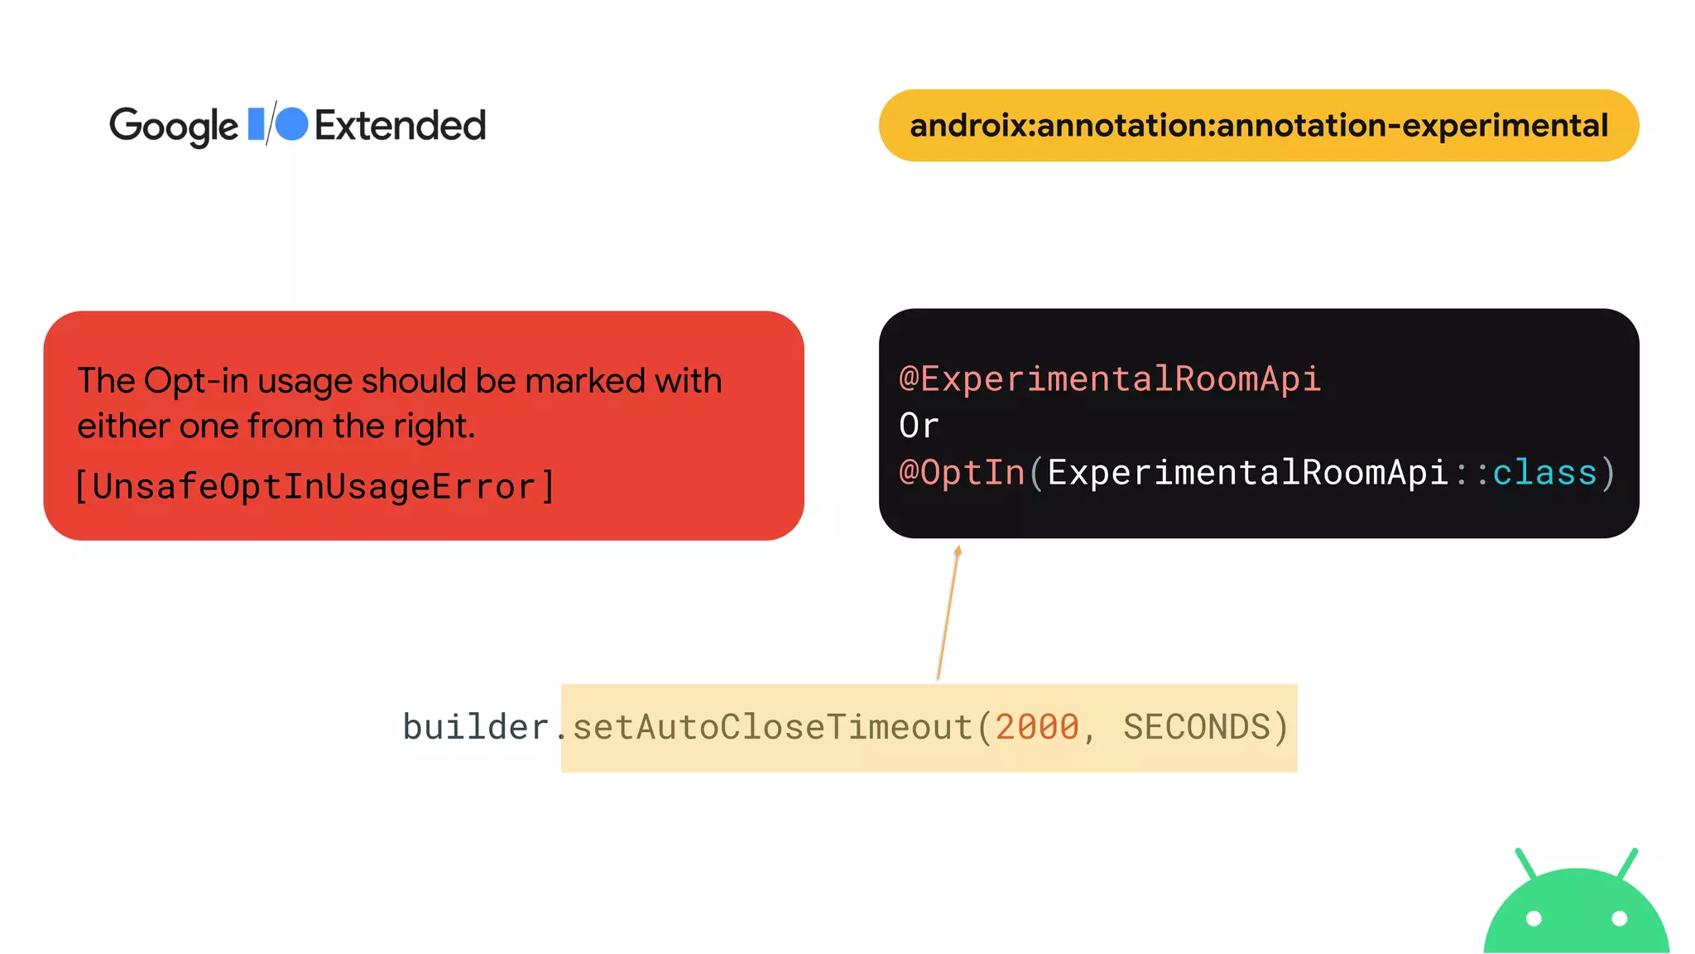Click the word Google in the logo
pyautogui.click(x=174, y=127)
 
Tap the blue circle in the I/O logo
pyautogui.click(x=291, y=124)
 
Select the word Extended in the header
pyautogui.click(x=400, y=126)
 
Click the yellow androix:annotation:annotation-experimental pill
pyautogui.click(x=1258, y=126)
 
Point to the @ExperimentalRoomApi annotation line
pyautogui.click(x=1109, y=379)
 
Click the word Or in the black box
pyautogui.click(x=919, y=426)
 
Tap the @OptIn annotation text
pyautogui.click(x=962, y=473)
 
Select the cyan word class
pyautogui.click(x=1544, y=473)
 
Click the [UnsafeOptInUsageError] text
pyautogui.click(x=315, y=487)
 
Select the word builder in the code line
pyautogui.click(x=475, y=727)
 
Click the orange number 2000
pyautogui.click(x=1037, y=727)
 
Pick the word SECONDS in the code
pyautogui.click(x=1196, y=727)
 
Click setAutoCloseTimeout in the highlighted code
pyautogui.click(x=771, y=727)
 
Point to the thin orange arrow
pyautogui.click(x=948, y=613)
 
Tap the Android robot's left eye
pyautogui.click(x=1534, y=918)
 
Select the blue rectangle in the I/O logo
pyautogui.click(x=257, y=123)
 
